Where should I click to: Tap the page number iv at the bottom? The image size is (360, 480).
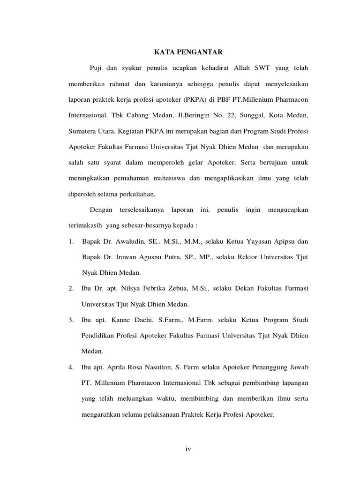click(x=188, y=449)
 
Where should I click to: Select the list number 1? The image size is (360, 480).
click(x=71, y=241)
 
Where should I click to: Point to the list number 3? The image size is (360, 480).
click(x=71, y=319)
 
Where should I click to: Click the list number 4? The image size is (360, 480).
click(x=71, y=366)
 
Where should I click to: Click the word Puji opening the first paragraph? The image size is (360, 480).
click(x=96, y=68)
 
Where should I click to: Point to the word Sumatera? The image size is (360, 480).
click(x=83, y=130)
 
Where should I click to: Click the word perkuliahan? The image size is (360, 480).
click(x=144, y=193)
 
